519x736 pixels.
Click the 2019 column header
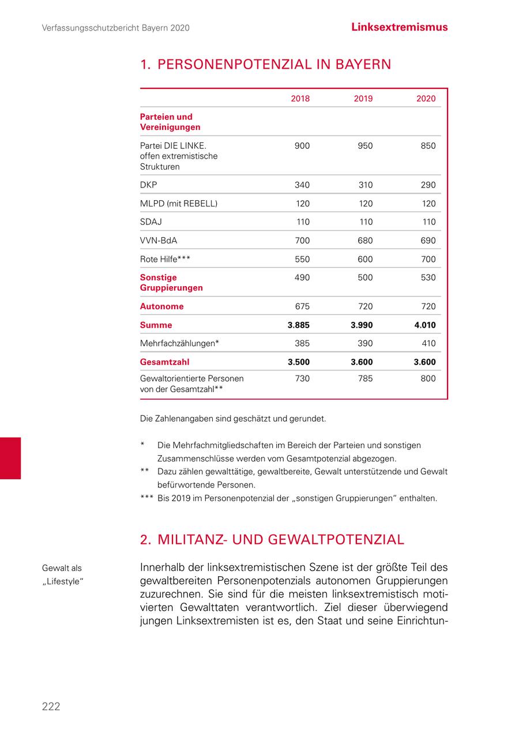[x=363, y=99]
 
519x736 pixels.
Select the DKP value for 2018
[x=302, y=185]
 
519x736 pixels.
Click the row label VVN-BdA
[x=159, y=241]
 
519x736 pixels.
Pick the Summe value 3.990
[x=362, y=325]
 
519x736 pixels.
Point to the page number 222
[x=51, y=707]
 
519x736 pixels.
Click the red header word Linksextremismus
[x=399, y=27]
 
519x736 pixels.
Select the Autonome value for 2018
[x=302, y=306]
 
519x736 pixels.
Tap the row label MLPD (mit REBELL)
[x=179, y=204]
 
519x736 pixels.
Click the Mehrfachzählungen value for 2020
[x=428, y=343]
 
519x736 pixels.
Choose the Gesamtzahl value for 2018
[x=299, y=362]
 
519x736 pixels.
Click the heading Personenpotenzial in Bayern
[x=265, y=65]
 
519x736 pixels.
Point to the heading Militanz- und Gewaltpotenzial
[x=272, y=540]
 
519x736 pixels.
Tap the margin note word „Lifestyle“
[x=63, y=580]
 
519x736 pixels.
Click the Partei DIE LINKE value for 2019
[x=365, y=146]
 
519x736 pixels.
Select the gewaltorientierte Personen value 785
[x=365, y=379]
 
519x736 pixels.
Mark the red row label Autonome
[x=161, y=306]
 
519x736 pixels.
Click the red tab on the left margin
[x=10, y=458]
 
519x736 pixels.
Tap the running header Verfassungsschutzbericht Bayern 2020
[x=116, y=28]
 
